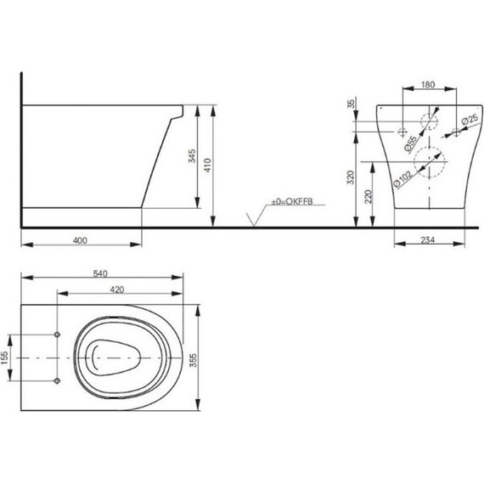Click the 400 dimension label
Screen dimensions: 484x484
80,240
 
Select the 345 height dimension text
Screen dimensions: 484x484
192,156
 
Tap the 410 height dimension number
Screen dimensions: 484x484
207,165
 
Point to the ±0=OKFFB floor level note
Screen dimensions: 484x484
292,201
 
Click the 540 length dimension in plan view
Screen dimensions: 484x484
100,273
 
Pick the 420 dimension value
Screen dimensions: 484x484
117,290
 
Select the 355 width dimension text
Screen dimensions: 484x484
194,360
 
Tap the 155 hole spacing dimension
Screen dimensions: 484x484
4,357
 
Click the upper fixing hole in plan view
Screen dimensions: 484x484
57,335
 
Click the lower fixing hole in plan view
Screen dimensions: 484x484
57,380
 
